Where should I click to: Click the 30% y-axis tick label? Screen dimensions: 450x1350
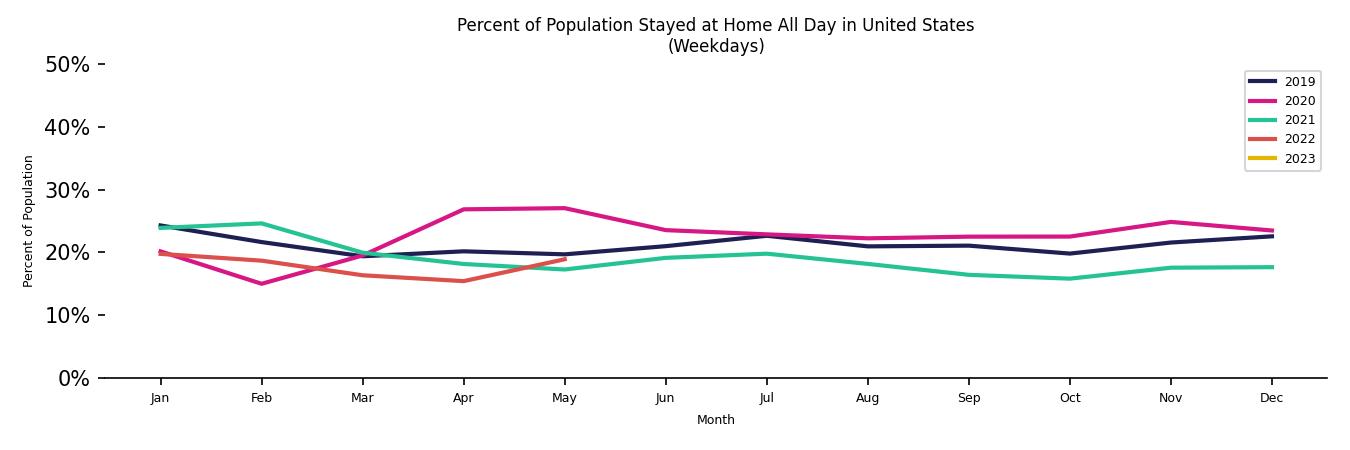pyautogui.click(x=67, y=190)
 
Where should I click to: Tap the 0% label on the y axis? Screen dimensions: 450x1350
pyautogui.click(x=72, y=379)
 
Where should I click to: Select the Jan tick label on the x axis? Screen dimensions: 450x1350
pyautogui.click(x=160, y=398)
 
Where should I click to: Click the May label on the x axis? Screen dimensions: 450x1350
pyautogui.click(x=564, y=398)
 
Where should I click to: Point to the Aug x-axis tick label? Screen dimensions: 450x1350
pyautogui.click(x=867, y=398)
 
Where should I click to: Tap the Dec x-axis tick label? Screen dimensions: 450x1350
pyautogui.click(x=1271, y=398)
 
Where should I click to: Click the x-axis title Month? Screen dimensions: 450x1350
pyautogui.click(x=716, y=420)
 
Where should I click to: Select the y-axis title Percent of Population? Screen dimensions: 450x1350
pyautogui.click(x=29, y=221)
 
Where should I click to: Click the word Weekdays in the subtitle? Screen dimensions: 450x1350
pyautogui.click(x=716, y=46)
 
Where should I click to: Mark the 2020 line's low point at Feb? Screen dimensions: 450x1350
pyautogui.click(x=261, y=284)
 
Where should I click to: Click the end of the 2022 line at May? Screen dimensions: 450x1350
pyautogui.click(x=564, y=259)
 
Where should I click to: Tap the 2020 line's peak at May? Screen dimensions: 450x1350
pyautogui.click(x=564, y=208)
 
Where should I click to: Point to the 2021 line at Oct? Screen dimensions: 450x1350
pyautogui.click(x=1069, y=279)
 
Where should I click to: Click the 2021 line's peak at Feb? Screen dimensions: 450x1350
pyautogui.click(x=261, y=223)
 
